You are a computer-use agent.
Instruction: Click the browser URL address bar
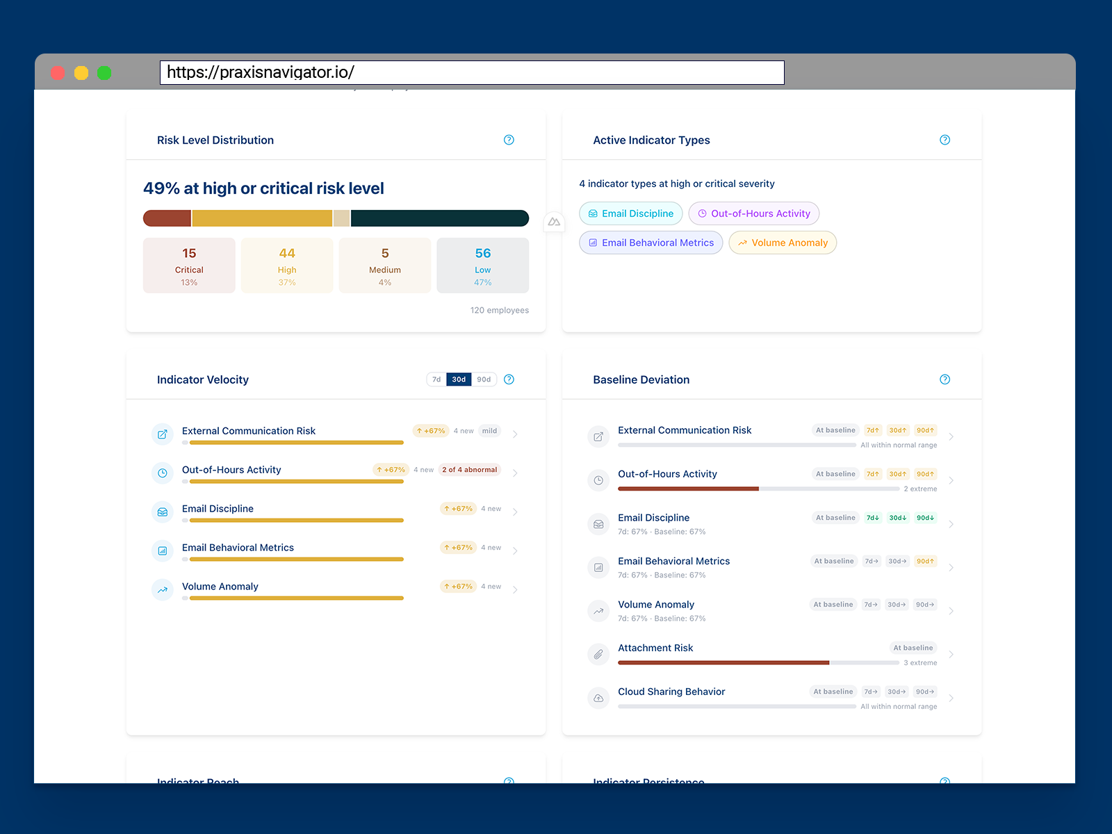[x=472, y=72]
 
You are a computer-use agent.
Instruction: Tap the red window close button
[x=58, y=73]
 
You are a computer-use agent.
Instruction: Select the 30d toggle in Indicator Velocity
[x=459, y=379]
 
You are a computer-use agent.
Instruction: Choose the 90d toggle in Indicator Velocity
[x=484, y=379]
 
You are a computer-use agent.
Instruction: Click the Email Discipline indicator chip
[x=630, y=213]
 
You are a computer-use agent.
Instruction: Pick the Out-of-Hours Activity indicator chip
[x=753, y=213]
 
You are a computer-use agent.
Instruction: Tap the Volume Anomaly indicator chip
[x=783, y=243]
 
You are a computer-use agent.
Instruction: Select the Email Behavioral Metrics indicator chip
[x=651, y=243]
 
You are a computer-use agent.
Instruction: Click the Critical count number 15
[x=189, y=254]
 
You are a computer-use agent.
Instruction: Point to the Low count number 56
[x=483, y=254]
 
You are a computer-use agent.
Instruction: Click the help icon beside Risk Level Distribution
[x=509, y=140]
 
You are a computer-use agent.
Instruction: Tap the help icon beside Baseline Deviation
[x=945, y=379]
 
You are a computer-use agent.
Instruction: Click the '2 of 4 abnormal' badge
[x=470, y=470]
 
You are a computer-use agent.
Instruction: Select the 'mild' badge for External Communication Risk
[x=490, y=431]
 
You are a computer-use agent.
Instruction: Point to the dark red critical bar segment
[x=167, y=218]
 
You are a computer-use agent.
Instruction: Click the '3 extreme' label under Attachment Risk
[x=920, y=663]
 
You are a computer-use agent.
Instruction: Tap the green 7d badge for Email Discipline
[x=873, y=518]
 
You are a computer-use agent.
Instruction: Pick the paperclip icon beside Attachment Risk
[x=598, y=655]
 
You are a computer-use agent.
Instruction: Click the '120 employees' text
[x=499, y=311]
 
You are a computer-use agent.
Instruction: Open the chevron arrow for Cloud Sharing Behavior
[x=951, y=698]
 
